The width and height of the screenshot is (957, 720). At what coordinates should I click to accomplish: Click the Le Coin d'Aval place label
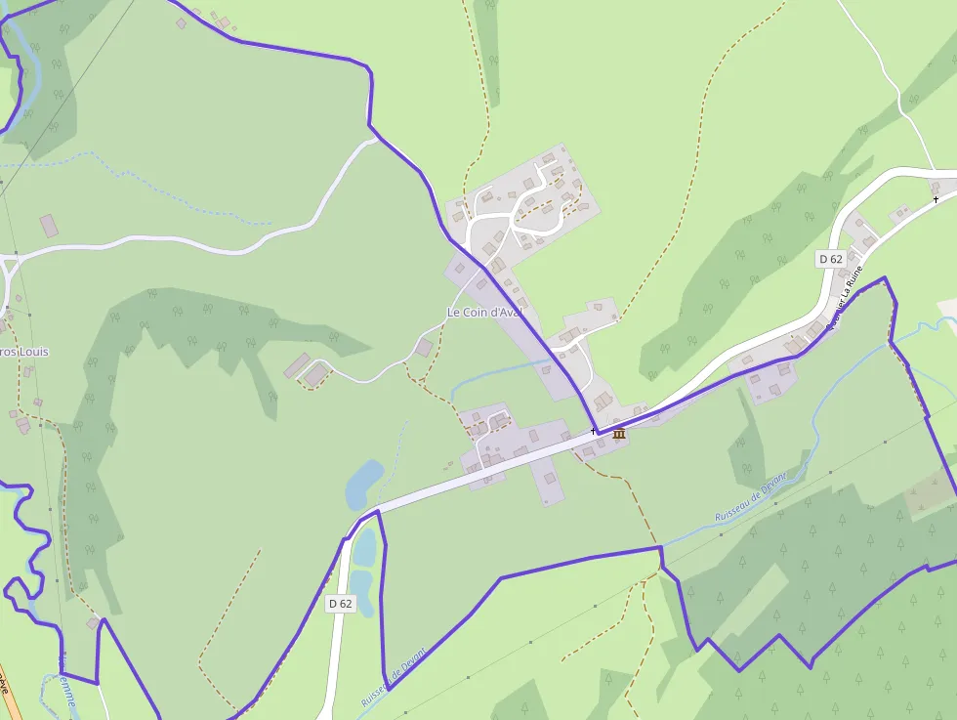(x=484, y=313)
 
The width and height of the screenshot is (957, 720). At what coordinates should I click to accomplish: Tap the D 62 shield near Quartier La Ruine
(x=830, y=259)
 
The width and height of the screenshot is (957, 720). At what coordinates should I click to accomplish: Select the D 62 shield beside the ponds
(x=340, y=604)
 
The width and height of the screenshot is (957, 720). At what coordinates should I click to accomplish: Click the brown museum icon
(x=618, y=434)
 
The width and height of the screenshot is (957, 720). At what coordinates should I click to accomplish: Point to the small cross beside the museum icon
(x=593, y=431)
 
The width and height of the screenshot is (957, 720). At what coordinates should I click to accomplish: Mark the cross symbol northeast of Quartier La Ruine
(x=936, y=199)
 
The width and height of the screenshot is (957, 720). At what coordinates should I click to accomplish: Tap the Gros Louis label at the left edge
(x=24, y=352)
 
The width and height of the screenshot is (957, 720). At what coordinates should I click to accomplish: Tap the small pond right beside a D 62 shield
(x=360, y=592)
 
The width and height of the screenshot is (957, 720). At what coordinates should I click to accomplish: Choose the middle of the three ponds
(x=363, y=548)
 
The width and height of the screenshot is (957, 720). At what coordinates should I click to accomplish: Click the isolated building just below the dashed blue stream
(x=49, y=226)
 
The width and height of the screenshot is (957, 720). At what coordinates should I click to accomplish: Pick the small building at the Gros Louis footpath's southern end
(x=94, y=622)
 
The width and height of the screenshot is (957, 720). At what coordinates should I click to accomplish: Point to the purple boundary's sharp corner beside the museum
(x=598, y=433)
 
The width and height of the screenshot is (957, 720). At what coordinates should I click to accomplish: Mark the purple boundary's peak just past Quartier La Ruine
(x=885, y=278)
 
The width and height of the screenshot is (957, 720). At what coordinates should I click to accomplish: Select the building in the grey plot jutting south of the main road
(x=550, y=479)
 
